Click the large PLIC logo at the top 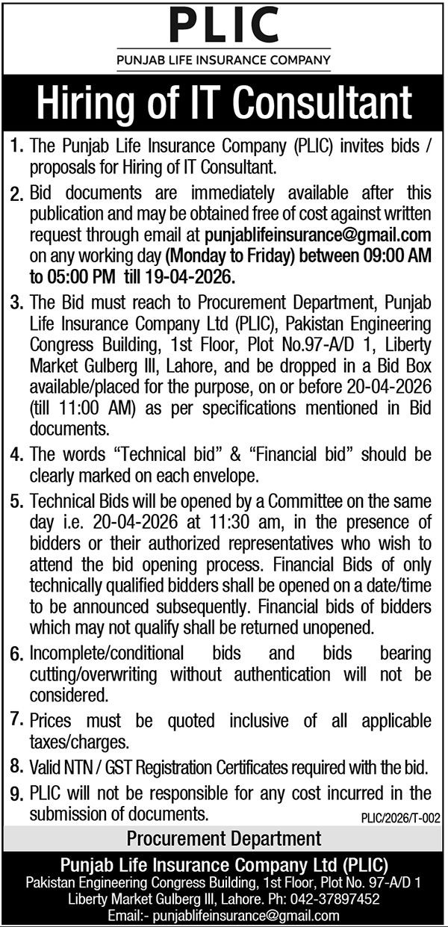click(224, 25)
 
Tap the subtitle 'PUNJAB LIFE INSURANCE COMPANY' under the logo click(224, 58)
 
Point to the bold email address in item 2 click(318, 236)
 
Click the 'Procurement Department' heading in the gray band click(224, 838)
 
